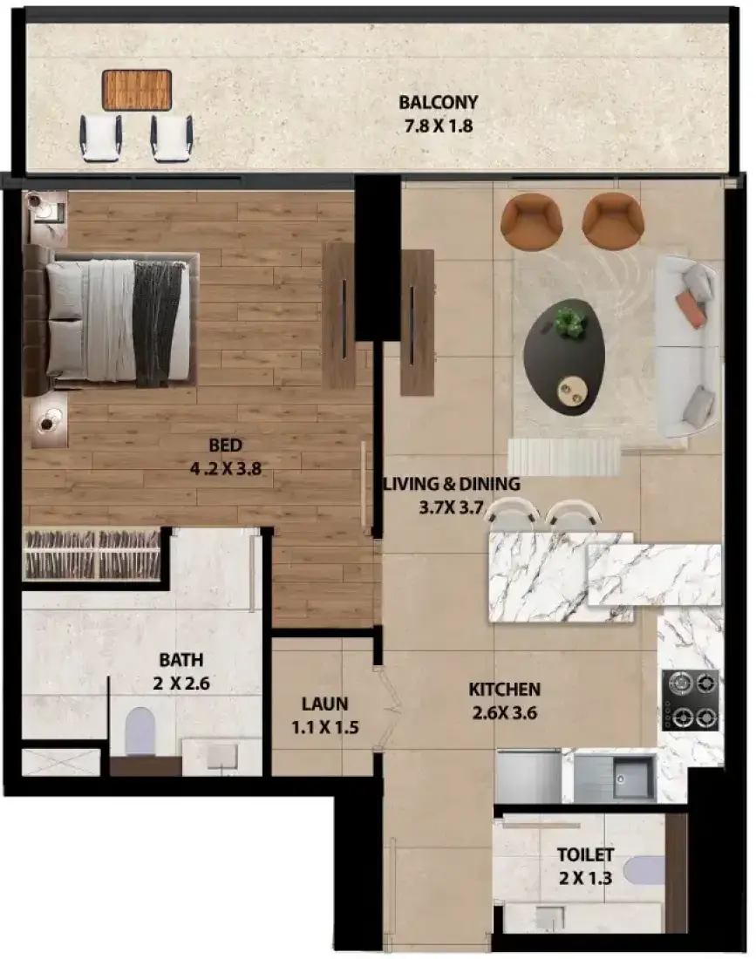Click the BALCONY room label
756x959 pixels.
click(438, 102)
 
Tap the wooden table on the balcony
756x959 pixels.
click(136, 90)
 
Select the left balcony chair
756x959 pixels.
click(101, 139)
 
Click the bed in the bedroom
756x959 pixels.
click(111, 319)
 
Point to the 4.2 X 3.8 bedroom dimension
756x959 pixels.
click(226, 469)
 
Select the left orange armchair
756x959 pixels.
click(532, 221)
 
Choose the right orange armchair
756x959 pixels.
click(613, 221)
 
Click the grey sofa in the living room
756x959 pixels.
click(687, 347)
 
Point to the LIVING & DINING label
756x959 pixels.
click(452, 484)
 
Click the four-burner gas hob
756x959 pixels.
click(691, 700)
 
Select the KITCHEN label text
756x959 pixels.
click(505, 690)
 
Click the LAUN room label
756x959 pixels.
click(324, 704)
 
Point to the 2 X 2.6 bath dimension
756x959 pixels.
click(181, 684)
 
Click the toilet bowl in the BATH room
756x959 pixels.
click(140, 731)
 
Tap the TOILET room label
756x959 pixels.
click(585, 854)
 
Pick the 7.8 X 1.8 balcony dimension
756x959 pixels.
click(439, 126)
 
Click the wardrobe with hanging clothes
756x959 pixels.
click(92, 554)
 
